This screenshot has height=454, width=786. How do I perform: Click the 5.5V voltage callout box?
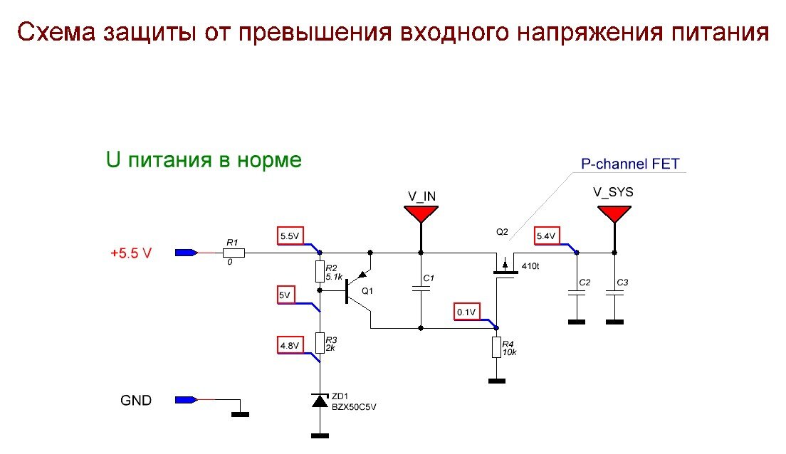point(290,236)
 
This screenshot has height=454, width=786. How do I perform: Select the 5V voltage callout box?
point(285,295)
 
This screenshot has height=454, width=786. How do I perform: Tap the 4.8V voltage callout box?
point(290,347)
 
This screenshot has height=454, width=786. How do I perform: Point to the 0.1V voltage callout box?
point(467,312)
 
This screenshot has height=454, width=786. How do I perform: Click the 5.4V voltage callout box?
point(546,236)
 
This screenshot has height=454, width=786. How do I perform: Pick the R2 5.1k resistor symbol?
point(320,271)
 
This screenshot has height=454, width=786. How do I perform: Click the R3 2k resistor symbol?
point(320,342)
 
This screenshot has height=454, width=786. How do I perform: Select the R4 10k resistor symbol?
point(497,348)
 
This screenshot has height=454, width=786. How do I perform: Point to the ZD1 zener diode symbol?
point(320,401)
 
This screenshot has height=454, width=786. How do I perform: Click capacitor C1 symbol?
point(421,288)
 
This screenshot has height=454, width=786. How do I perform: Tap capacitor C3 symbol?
point(614,292)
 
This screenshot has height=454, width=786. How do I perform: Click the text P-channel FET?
point(630,164)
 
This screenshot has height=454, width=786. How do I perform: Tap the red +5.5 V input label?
point(131,253)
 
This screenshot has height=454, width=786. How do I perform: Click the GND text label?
point(135,401)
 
